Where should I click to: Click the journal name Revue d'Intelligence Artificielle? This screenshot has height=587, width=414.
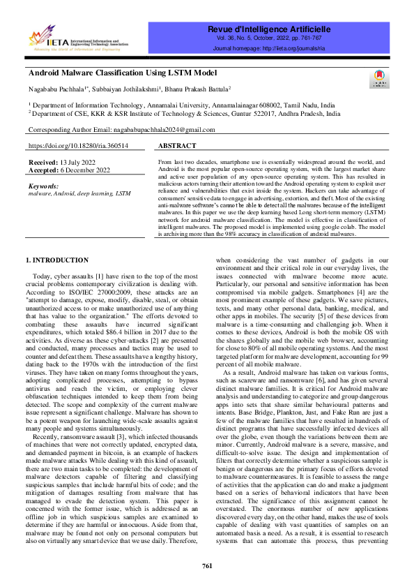[x=268, y=29]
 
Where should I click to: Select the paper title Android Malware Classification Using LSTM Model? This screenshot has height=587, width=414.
[x=122, y=73]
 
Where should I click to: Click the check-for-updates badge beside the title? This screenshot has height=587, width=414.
[x=380, y=80]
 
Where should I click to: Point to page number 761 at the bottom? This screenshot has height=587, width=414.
[x=207, y=565]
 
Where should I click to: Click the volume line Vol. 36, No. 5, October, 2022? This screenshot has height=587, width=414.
[x=268, y=39]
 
